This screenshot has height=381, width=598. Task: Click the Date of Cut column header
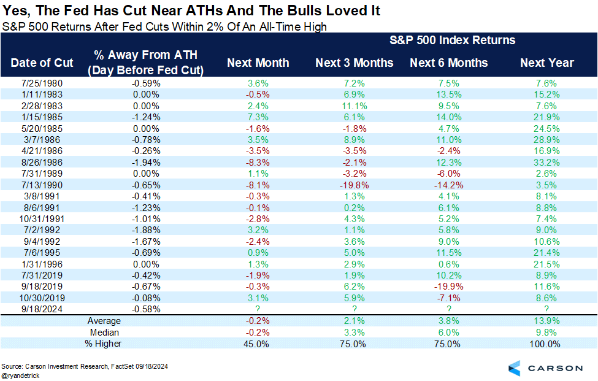coord(42,63)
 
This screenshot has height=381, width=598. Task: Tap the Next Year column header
coord(546,63)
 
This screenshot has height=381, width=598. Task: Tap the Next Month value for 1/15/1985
coord(258,117)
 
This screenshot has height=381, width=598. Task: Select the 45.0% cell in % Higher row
coord(258,344)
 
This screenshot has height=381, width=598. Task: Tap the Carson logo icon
coord(515,368)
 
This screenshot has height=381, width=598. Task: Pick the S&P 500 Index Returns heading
coord(453,40)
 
